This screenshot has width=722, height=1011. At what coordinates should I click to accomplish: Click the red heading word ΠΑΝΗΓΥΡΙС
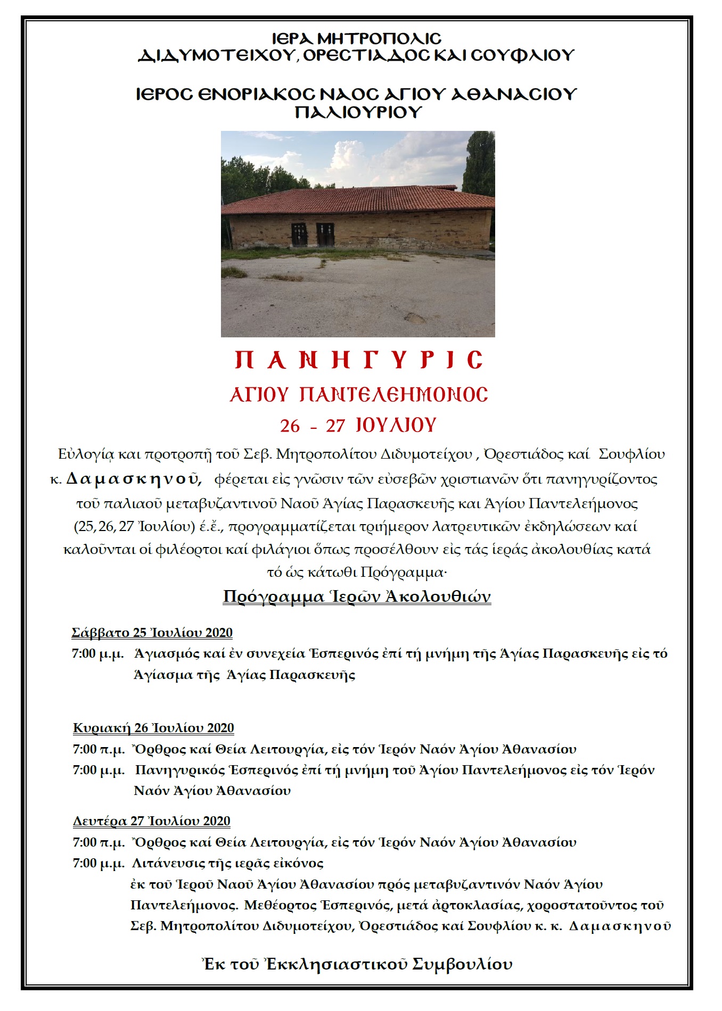click(359, 360)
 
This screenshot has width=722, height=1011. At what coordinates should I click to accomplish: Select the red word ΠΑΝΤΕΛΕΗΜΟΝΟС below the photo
click(393, 394)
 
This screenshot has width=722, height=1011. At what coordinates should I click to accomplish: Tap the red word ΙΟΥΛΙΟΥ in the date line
click(396, 425)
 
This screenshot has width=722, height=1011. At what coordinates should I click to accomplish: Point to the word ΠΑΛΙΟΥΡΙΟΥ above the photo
click(358, 112)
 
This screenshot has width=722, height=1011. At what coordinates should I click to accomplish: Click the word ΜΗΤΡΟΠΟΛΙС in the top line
click(379, 39)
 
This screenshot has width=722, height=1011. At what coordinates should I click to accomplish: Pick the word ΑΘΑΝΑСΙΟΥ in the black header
click(514, 94)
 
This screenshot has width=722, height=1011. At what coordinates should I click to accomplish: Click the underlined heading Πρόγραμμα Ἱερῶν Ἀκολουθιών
click(357, 596)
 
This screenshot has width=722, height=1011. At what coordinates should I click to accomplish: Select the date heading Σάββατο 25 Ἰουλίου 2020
click(152, 633)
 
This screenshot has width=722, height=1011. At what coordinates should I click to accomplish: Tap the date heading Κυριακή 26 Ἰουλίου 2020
click(153, 728)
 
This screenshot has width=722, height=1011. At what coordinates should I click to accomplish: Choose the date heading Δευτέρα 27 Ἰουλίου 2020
click(152, 821)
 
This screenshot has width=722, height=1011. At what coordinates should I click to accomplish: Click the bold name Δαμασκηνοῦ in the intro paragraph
click(133, 479)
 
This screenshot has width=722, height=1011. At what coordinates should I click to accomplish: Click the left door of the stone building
click(299, 235)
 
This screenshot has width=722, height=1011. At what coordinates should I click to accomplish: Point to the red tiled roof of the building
click(357, 200)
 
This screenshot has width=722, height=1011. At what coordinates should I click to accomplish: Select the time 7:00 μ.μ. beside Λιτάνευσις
click(99, 863)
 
